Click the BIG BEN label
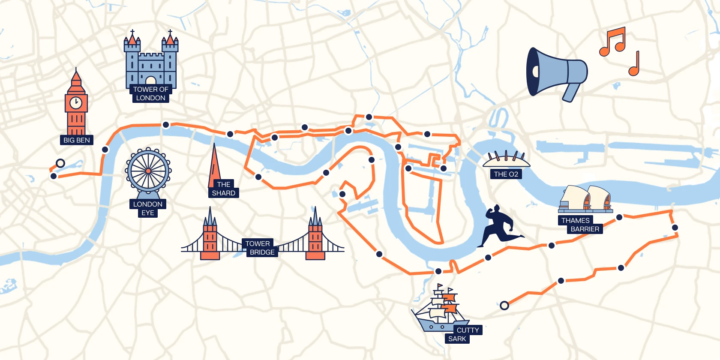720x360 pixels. pos(76,140)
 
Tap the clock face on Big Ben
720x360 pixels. pos(76,102)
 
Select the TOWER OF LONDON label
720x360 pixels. pos(150,94)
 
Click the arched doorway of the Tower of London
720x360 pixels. pos(150,81)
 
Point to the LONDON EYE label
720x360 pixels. pos(148,208)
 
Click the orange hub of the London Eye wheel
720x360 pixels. pos(148,171)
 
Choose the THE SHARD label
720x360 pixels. pos(223,189)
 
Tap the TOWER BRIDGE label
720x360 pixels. pos(259,248)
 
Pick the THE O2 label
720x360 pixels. pos(506,174)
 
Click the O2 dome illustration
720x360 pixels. pos(506,160)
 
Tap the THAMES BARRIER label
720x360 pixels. pos(580,225)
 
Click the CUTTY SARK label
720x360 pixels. pos(463,334)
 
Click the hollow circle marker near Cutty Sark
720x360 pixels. pos(504,306)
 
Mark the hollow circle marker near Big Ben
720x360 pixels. pos(60,163)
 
